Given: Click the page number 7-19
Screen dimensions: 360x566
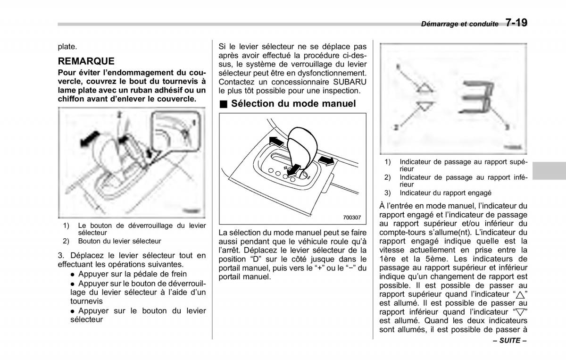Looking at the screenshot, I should pyautogui.click(x=516, y=23).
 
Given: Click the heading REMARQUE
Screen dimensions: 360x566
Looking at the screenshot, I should pyautogui.click(x=86, y=61).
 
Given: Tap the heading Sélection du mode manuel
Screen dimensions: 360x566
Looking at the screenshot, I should pyautogui.click(x=293, y=103).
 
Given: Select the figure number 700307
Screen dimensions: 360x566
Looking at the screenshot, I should pyautogui.click(x=352, y=218).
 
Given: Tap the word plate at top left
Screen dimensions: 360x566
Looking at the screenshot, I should pyautogui.click(x=67, y=47).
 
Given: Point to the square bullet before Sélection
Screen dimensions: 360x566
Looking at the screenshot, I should pyautogui.click(x=223, y=104).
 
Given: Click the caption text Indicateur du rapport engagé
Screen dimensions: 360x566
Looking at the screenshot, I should pyautogui.click(x=445, y=193).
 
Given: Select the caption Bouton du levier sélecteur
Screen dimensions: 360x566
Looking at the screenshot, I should pyautogui.click(x=119, y=241).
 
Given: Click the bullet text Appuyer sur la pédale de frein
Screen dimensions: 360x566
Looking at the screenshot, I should pyautogui.click(x=133, y=274).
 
